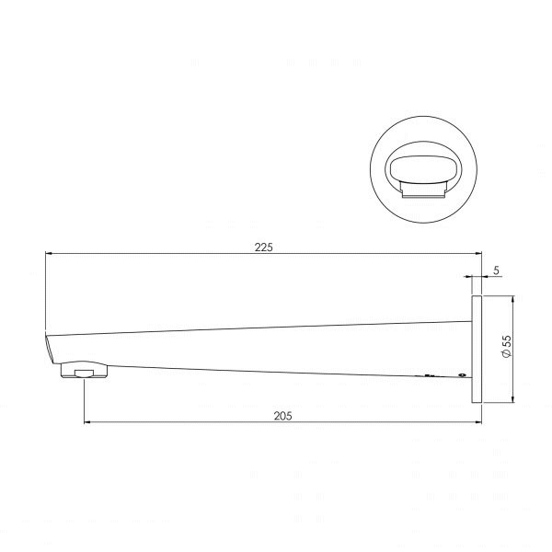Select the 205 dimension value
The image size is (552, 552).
282,416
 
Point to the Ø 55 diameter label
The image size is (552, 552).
505,348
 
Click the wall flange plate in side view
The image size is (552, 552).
477,349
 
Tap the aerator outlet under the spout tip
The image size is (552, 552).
85,372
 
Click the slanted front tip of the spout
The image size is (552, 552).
51,350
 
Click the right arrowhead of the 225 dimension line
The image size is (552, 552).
479,254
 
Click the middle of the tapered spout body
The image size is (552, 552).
267,348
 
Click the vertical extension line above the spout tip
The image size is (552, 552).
46,294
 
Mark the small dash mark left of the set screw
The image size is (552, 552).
428,375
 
